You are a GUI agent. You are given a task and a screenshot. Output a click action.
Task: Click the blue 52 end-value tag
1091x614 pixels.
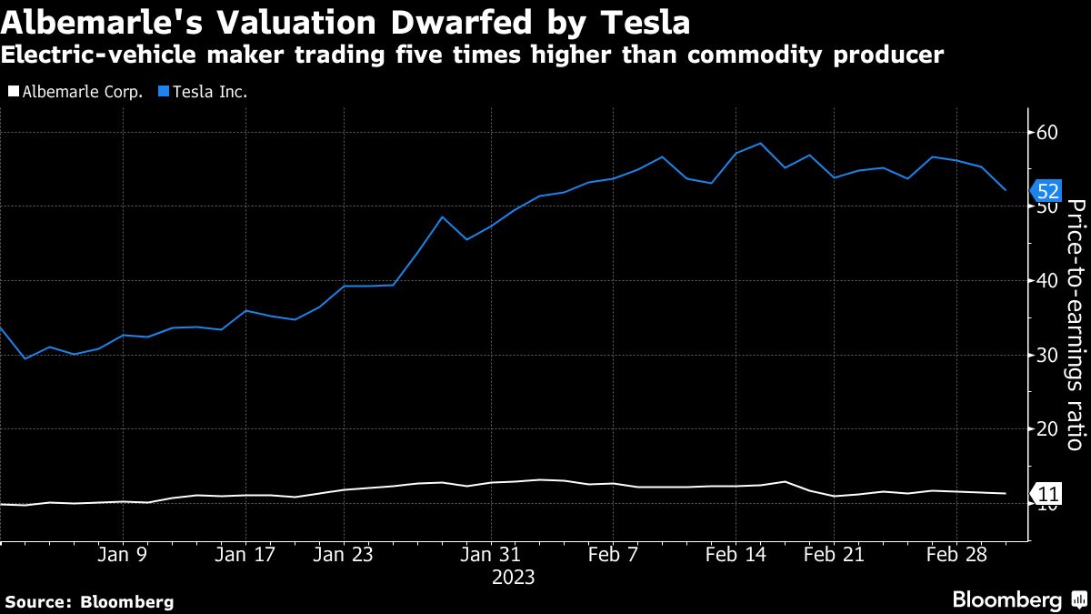[1046, 191]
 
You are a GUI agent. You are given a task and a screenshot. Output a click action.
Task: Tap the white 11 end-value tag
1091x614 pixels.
[1046, 495]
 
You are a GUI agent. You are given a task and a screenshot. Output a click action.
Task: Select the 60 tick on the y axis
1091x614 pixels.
[1047, 133]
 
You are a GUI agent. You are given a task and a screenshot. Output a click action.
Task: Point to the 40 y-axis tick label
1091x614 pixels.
[1047, 280]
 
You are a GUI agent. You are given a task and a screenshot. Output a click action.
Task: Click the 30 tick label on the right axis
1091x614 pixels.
[1047, 355]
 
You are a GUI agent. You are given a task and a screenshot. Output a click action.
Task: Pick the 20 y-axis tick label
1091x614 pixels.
[1047, 428]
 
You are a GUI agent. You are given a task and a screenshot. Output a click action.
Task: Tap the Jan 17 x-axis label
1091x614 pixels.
[244, 554]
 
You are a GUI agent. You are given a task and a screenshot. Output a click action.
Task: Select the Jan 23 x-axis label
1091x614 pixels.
[343, 554]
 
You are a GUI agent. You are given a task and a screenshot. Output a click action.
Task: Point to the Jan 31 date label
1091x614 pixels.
[491, 554]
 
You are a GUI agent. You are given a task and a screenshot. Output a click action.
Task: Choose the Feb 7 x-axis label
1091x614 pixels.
[614, 554]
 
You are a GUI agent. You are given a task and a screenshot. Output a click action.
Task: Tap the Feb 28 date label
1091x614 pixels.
[956, 554]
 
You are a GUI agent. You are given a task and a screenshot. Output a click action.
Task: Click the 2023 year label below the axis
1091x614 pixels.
[513, 577]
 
